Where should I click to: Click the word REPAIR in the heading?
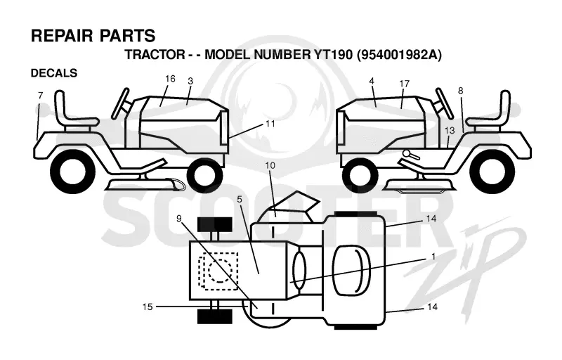point(62,36)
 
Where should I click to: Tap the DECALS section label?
point(54,73)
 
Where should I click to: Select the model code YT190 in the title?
point(332,55)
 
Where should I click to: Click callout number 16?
point(170,79)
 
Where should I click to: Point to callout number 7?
point(40,96)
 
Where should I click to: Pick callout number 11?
point(270,124)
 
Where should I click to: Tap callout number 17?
point(405,84)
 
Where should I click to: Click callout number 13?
point(450,130)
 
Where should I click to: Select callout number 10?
point(270,165)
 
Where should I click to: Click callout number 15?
point(148,307)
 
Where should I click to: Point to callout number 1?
point(433,257)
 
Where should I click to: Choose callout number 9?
point(179,218)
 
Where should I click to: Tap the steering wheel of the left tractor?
point(120,103)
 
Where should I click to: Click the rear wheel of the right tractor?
point(489,174)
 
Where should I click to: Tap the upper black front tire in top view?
point(215,224)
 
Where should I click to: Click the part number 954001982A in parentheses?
point(399,55)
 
